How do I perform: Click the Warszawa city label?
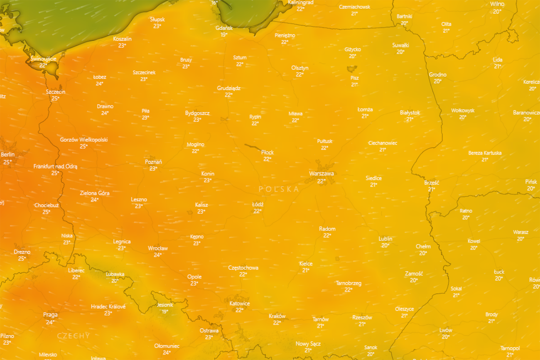[x=322, y=174]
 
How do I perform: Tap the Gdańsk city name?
[x=224, y=28]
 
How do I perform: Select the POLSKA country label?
[x=279, y=189]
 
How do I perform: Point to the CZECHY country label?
[x=73, y=335]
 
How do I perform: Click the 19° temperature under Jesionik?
[x=165, y=311]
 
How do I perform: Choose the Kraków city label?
[x=277, y=316]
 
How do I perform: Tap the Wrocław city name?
[x=158, y=248]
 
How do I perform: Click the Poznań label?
[x=153, y=162]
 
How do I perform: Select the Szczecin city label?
[x=56, y=92]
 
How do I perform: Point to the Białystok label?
[x=410, y=113]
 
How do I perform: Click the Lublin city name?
[x=385, y=239]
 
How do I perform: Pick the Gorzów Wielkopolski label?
[x=84, y=140]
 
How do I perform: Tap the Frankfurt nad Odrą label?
[x=55, y=167]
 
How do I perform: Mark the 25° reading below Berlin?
[x=7, y=162]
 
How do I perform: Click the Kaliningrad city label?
[x=301, y=2]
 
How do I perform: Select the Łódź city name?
[x=258, y=204]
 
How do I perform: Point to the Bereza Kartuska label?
[x=485, y=153]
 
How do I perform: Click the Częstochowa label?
[x=243, y=268]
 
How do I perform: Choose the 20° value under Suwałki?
[x=400, y=52]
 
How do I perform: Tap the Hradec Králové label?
[x=108, y=306]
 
